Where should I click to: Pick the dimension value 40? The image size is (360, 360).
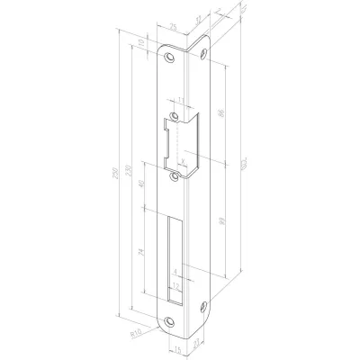(x=142, y=190)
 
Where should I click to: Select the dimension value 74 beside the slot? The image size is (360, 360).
(x=142, y=256)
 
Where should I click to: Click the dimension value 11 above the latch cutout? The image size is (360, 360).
(x=180, y=99)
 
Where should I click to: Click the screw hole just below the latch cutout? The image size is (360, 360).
(x=174, y=177)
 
